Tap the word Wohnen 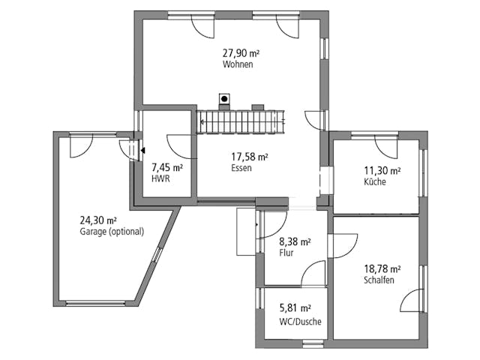click(x=237, y=64)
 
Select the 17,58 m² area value click(x=250, y=157)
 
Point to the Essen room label click(x=241, y=168)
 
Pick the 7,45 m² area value click(x=166, y=168)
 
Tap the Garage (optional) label click(x=112, y=232)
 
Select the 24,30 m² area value click(x=98, y=220)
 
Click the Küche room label click(x=375, y=182)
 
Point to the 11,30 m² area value click(x=382, y=171)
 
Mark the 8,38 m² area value click(x=295, y=241)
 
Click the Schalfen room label click(x=379, y=280)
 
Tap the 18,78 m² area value click(x=382, y=268)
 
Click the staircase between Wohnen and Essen click(x=241, y=122)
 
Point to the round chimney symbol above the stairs click(x=224, y=98)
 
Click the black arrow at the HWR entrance click(x=142, y=150)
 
